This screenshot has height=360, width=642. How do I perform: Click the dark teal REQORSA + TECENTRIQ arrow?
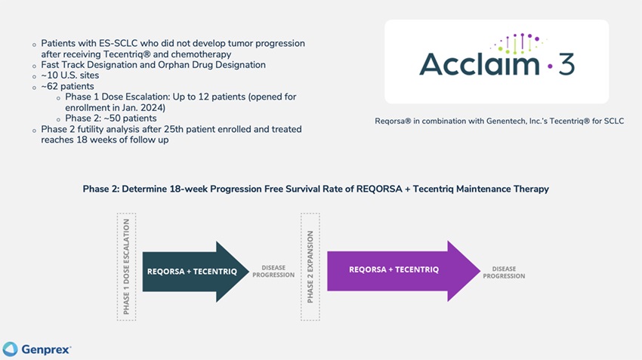(193, 271)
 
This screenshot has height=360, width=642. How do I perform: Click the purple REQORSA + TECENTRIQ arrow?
(397, 269)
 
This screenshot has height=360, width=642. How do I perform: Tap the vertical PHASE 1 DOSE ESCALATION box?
(126, 266)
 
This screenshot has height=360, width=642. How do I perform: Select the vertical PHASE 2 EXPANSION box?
(310, 266)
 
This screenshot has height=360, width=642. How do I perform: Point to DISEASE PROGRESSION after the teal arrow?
(273, 271)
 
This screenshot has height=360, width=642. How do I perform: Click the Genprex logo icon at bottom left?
(10, 349)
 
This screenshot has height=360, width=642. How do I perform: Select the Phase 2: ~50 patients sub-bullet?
(111, 118)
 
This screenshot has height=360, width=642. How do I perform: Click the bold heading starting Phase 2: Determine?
(316, 189)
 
